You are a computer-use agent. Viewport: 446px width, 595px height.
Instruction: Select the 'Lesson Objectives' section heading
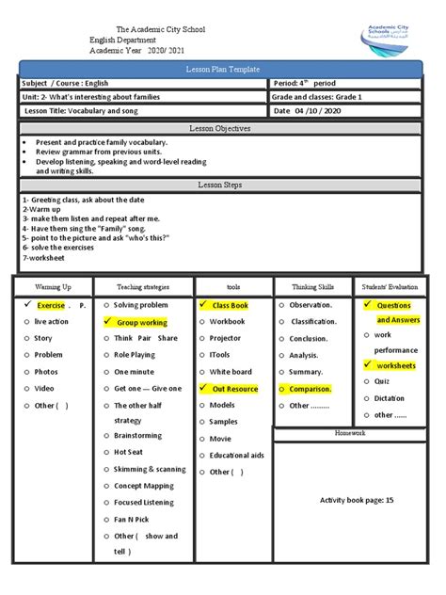222,127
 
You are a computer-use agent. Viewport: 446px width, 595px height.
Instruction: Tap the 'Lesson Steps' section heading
222,185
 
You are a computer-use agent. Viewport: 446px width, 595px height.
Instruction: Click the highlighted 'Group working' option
141,322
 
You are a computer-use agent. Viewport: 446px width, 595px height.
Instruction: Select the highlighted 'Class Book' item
229,306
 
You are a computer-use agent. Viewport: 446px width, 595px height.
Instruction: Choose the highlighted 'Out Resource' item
234,389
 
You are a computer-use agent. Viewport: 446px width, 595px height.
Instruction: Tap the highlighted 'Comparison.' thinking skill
310,389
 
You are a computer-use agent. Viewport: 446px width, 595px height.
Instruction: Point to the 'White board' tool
231,372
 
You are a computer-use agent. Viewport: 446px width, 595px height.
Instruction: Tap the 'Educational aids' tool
236,456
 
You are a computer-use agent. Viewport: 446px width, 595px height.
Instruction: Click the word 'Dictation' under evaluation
390,398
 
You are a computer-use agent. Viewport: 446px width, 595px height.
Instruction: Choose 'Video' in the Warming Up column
44,388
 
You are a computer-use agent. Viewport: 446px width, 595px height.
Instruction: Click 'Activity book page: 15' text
357,500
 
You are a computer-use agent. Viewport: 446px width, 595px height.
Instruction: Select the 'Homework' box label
357,433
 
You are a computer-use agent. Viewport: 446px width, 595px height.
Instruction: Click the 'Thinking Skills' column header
311,286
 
